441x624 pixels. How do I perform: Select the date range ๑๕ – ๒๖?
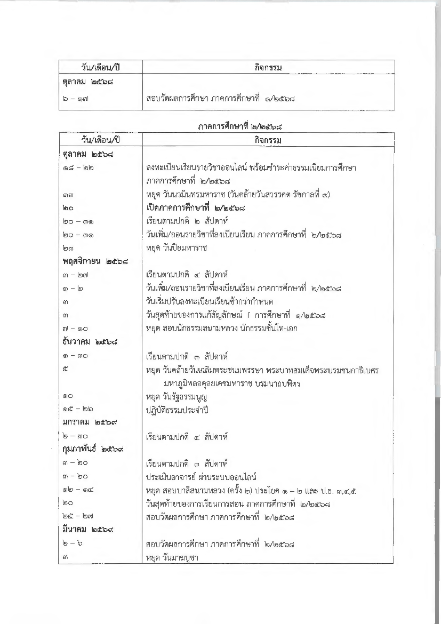point(74,410)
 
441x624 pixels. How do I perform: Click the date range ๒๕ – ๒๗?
point(74,517)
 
